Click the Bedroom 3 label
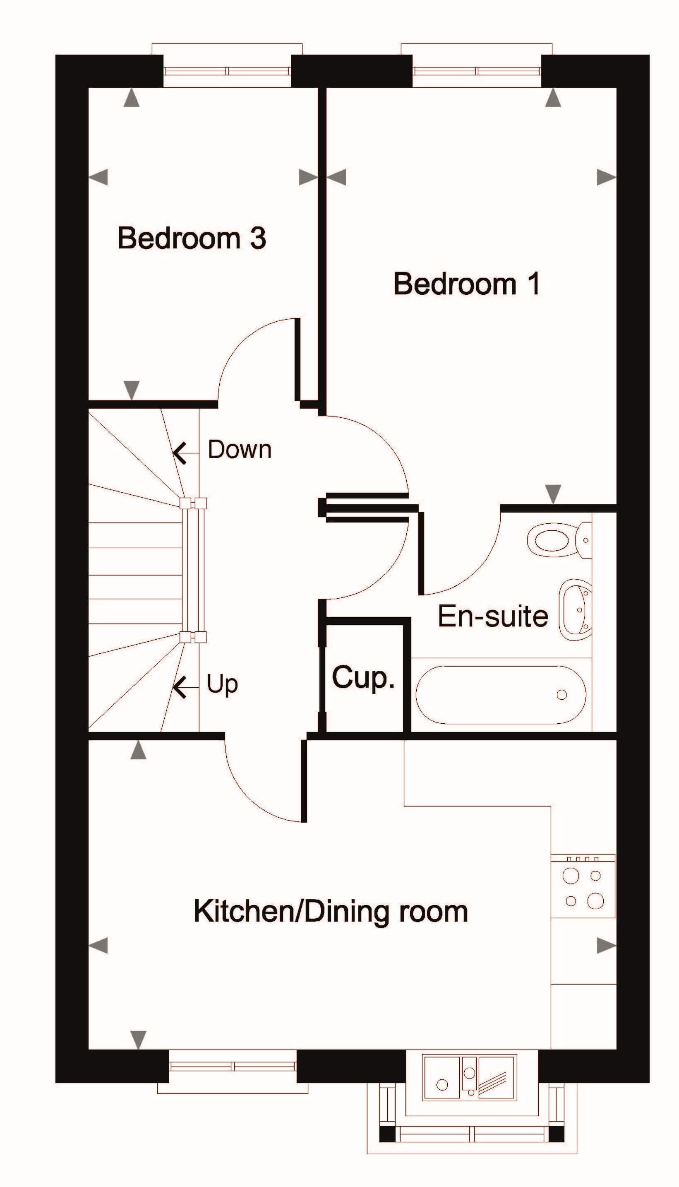[x=192, y=238]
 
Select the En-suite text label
[x=493, y=616]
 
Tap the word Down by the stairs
[x=240, y=450]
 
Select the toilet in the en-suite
[x=559, y=540]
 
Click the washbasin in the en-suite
[x=576, y=610]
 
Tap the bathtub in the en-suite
[x=501, y=695]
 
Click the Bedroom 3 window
[x=227, y=71]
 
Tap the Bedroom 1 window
[x=477, y=71]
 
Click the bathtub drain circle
[x=562, y=695]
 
